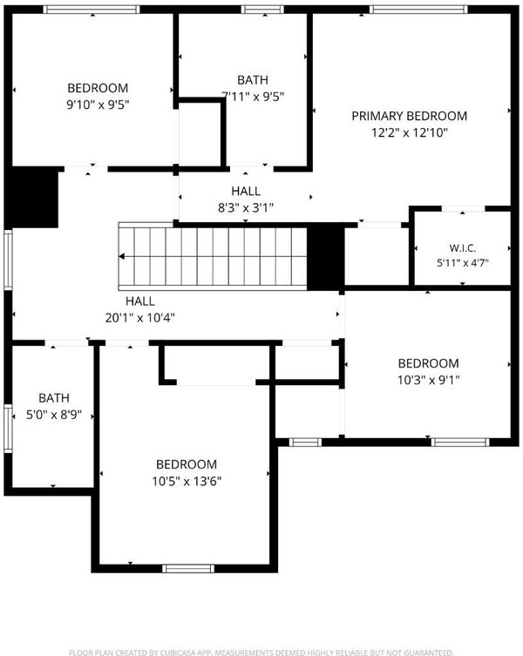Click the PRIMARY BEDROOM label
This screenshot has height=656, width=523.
pyautogui.click(x=409, y=116)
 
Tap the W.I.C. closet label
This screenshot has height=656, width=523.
pyautogui.click(x=463, y=247)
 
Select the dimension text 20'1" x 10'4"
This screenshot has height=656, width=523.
pyautogui.click(x=139, y=318)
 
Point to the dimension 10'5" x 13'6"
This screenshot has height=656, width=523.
pyautogui.click(x=187, y=481)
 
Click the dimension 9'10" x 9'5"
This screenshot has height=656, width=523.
pyautogui.click(x=98, y=105)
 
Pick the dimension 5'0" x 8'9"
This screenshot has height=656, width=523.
pyautogui.click(x=54, y=415)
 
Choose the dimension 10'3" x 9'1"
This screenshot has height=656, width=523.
pyautogui.click(x=428, y=380)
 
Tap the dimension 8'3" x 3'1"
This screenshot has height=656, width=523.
pyautogui.click(x=246, y=207)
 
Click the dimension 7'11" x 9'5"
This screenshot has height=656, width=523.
pyautogui.click(x=253, y=97)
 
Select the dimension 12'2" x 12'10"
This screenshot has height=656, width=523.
pyautogui.click(x=410, y=132)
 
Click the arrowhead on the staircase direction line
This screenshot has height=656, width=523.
pyautogui.click(x=121, y=256)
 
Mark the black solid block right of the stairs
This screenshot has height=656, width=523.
pyautogui.click(x=326, y=256)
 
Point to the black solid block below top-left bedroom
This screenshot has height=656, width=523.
pyautogui.click(x=31, y=197)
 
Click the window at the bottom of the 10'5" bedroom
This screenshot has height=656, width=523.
pyautogui.click(x=188, y=569)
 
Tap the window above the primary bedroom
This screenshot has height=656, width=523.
pyautogui.click(x=418, y=10)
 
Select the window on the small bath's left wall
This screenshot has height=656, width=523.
pyautogui.click(x=8, y=428)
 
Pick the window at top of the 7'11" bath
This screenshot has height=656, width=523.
pyautogui.click(x=262, y=10)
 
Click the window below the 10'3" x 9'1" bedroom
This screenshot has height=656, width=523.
pyautogui.click(x=460, y=443)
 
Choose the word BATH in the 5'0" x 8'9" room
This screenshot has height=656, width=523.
pyautogui.click(x=54, y=398)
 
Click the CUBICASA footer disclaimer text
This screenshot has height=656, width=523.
pyautogui.click(x=261, y=653)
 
